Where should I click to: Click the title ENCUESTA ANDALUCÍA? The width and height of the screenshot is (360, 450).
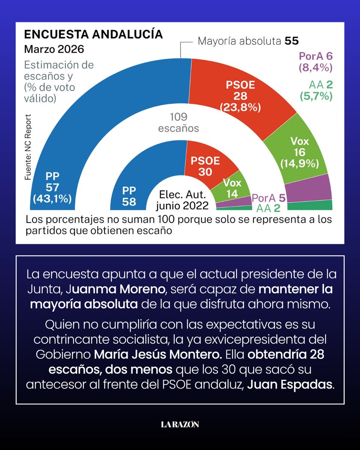pyautogui.click(x=93, y=34)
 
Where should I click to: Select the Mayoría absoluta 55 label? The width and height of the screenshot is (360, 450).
pyautogui.click(x=248, y=41)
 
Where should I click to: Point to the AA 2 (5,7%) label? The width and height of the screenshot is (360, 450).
pyautogui.click(x=316, y=90)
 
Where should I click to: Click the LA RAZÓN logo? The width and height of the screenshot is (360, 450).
pyautogui.click(x=180, y=424)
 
